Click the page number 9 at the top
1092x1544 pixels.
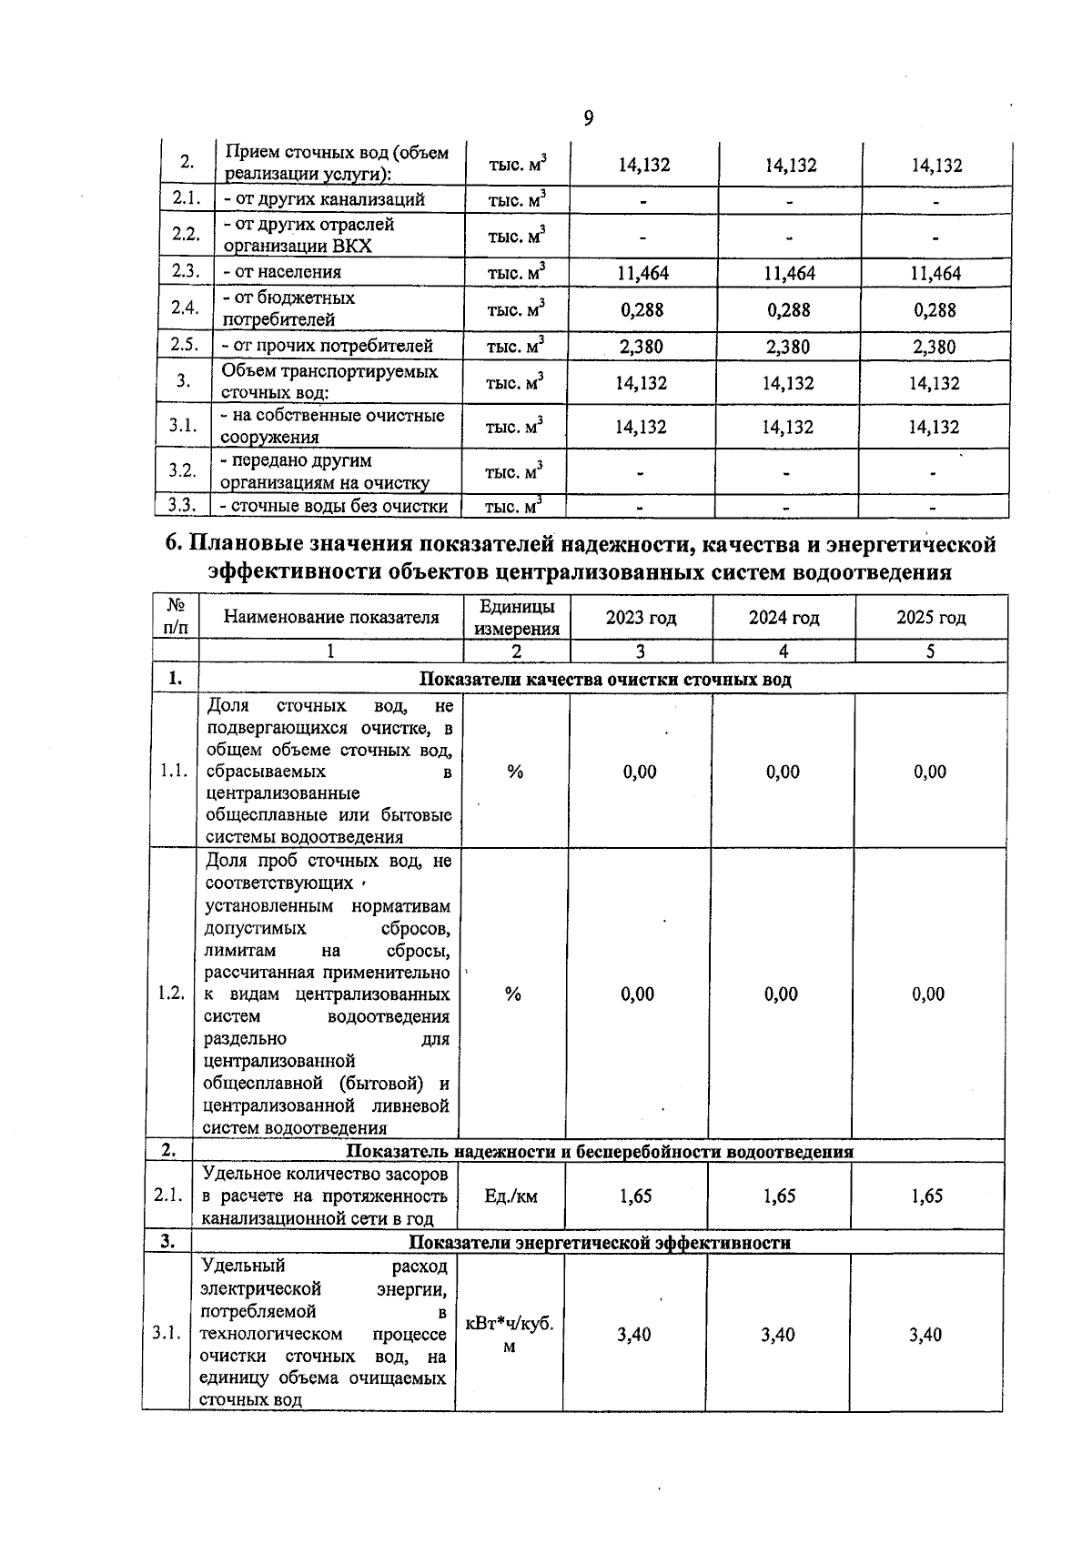tap(589, 118)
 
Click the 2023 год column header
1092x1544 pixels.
tap(641, 618)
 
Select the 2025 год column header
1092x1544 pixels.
tap(931, 618)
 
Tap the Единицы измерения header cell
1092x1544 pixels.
tap(516, 618)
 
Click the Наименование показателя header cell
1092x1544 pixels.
tap(331, 618)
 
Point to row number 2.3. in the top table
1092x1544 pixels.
tap(185, 271)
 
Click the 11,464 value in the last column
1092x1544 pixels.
tap(935, 273)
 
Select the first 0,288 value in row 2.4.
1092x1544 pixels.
tap(642, 309)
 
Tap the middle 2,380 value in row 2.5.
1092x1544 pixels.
tap(788, 347)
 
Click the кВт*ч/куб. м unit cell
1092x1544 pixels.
tap(510, 1334)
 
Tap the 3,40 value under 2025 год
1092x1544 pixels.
tap(925, 1335)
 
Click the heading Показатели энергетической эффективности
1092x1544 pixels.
tap(600, 1243)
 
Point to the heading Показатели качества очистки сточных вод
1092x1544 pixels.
tap(605, 680)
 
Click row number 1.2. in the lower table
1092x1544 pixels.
tap(171, 994)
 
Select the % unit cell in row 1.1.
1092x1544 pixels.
tap(515, 772)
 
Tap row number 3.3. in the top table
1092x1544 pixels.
tap(183, 506)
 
